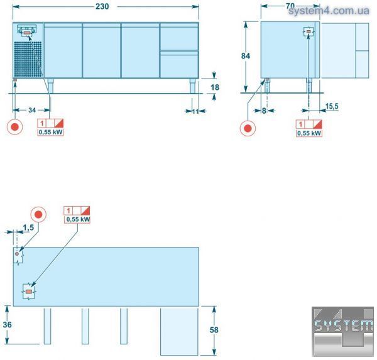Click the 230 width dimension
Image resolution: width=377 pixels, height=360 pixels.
102,6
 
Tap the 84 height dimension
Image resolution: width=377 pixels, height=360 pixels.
246,56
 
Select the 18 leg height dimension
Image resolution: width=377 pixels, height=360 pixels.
215,87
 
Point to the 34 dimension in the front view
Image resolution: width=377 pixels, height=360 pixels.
32,110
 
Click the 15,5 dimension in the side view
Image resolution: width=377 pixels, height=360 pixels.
332,106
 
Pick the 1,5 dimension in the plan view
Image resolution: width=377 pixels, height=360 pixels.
28,227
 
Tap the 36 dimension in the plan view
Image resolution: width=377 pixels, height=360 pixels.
7,325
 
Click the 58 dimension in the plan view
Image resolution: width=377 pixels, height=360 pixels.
214,330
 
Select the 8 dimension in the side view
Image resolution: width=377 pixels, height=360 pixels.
264,111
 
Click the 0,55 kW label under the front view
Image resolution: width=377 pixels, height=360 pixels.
51,132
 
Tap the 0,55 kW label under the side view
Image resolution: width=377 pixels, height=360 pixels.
309,133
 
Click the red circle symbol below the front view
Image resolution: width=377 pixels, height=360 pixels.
15,127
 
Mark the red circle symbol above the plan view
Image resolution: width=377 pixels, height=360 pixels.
38,214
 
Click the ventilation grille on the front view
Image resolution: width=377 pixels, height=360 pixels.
28,59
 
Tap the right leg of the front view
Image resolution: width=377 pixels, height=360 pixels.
193,86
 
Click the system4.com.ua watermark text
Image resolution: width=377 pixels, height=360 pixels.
329,11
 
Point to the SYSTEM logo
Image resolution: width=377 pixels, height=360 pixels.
342,331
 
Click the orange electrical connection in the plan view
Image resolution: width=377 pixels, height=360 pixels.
29,292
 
